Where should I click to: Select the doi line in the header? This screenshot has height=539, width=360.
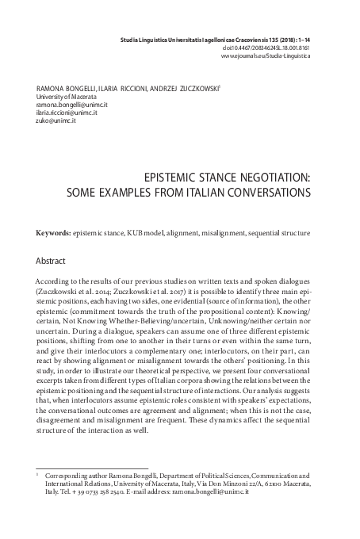click(x=288, y=47)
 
